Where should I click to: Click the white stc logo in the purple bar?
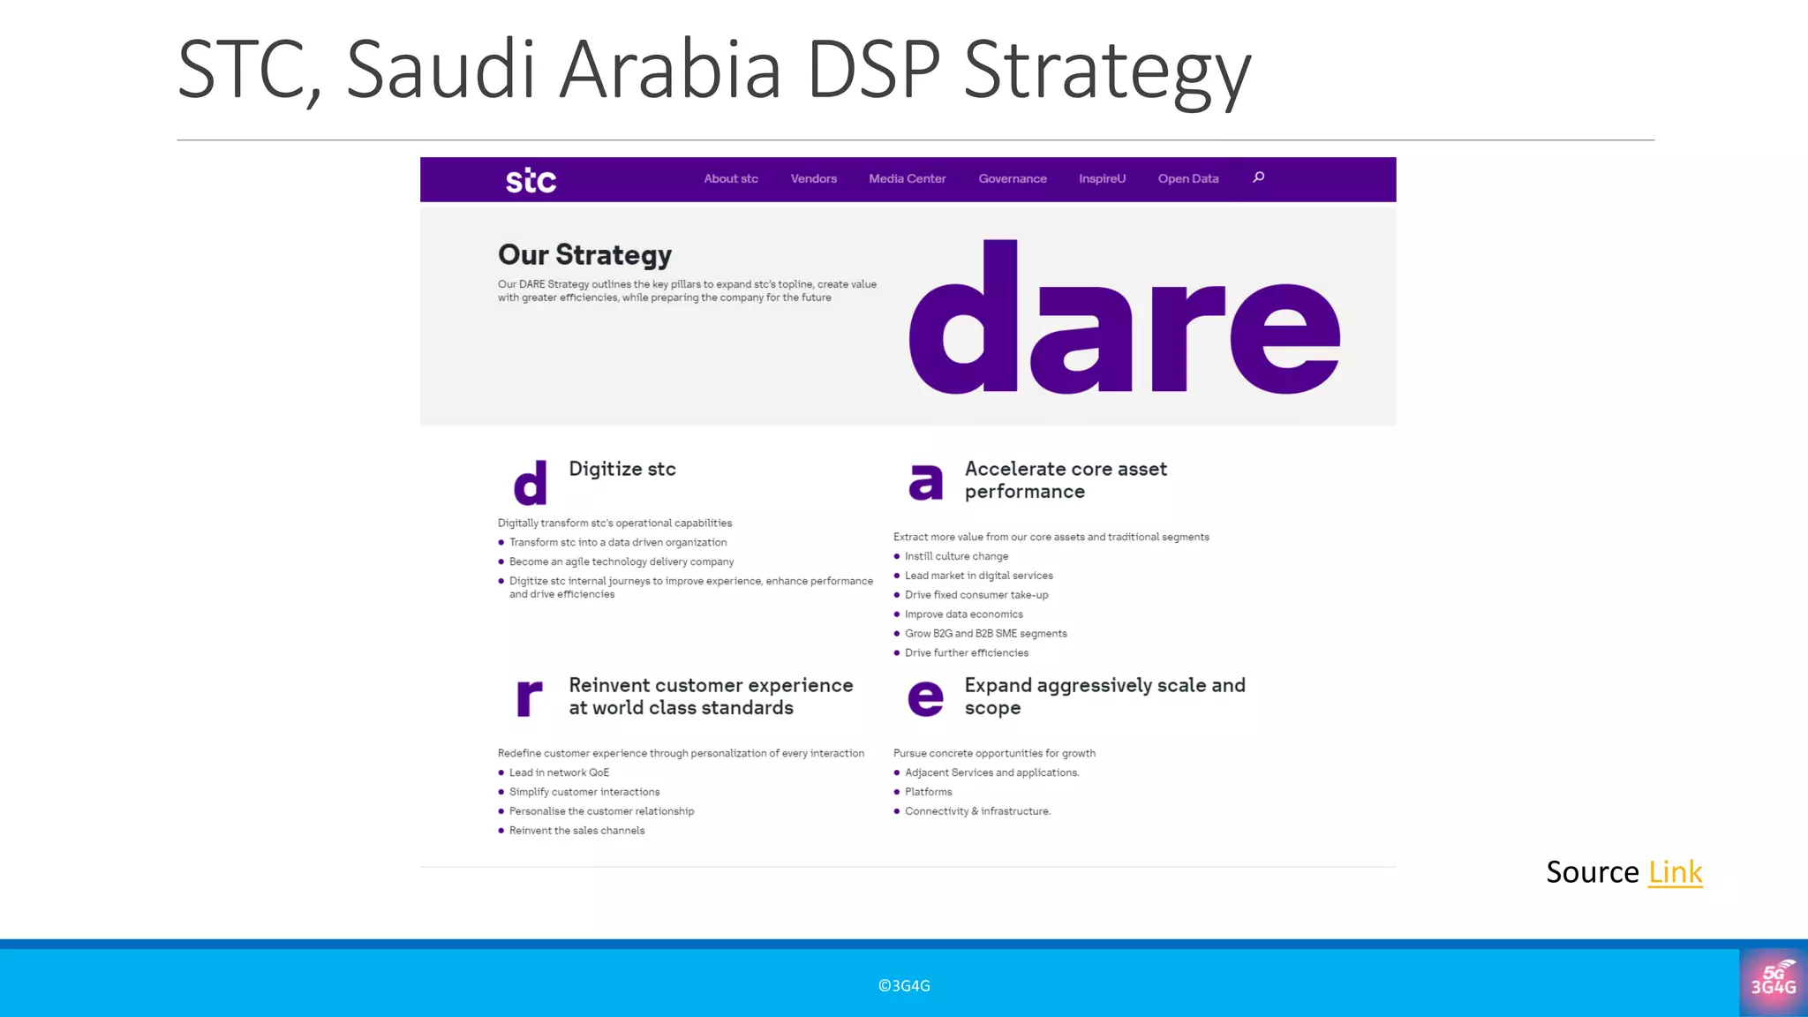531,180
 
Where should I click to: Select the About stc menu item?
730,178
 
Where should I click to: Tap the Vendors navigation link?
813,178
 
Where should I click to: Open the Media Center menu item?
907,178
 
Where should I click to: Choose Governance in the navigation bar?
1012,178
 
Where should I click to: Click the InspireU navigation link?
1102,178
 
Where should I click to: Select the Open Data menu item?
1187,178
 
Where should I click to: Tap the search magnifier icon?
1258,177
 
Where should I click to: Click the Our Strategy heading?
584,255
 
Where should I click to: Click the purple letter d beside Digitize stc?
530,482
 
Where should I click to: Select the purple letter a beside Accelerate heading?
925,482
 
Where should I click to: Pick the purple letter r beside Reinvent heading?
528,697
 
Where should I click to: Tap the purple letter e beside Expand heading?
925,698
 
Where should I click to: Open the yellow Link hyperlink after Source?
1675,872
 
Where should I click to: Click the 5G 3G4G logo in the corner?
1773,981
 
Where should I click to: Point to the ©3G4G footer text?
904,986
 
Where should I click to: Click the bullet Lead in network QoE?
559,772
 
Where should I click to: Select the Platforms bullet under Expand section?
928,792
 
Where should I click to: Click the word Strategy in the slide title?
1107,71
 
